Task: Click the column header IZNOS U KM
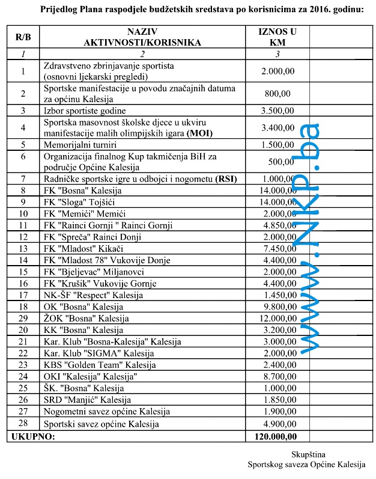coord(277,37)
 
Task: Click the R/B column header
coord(23,37)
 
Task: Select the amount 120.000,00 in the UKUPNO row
coord(277,436)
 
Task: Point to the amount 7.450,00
coord(277,248)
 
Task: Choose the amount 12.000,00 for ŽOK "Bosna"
coord(277,319)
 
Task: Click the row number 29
coord(23,319)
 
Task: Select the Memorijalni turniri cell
coord(80,144)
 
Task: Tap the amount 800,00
coord(277,93)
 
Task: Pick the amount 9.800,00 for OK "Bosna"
coord(277,307)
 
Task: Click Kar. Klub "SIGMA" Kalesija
coord(95,353)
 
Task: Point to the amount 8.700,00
coord(277,377)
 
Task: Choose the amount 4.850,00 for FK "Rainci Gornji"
coord(277,225)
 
